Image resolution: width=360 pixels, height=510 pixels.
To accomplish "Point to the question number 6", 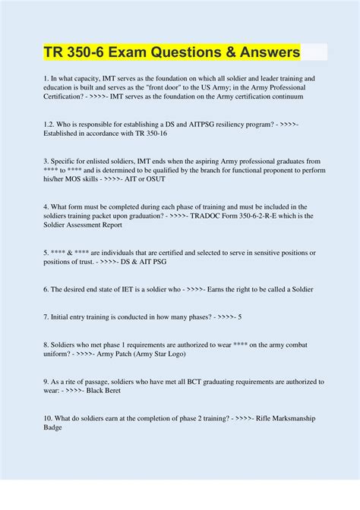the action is (46, 289).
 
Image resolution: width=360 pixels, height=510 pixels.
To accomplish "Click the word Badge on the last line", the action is (55, 427).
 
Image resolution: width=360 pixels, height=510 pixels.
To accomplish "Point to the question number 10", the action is (49, 418).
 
